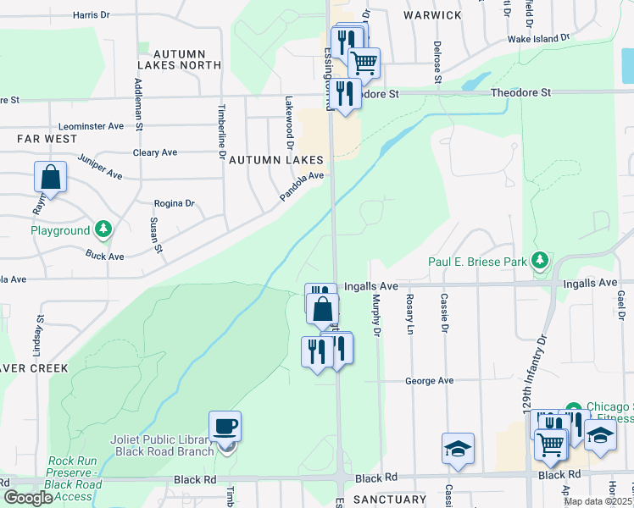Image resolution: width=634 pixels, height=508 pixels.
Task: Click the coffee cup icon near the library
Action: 225,426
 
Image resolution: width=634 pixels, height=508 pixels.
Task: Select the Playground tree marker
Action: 103,229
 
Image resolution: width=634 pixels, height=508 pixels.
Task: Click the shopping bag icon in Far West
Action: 51,178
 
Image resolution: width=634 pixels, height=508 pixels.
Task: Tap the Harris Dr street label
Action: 92,14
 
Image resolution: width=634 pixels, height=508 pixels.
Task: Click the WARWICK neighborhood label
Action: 432,15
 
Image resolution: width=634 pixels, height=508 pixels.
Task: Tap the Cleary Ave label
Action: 155,152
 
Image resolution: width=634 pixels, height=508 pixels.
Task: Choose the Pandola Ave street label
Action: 303,187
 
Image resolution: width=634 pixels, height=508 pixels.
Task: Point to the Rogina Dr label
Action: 174,203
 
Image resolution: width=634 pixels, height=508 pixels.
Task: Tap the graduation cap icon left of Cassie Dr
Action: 458,450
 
